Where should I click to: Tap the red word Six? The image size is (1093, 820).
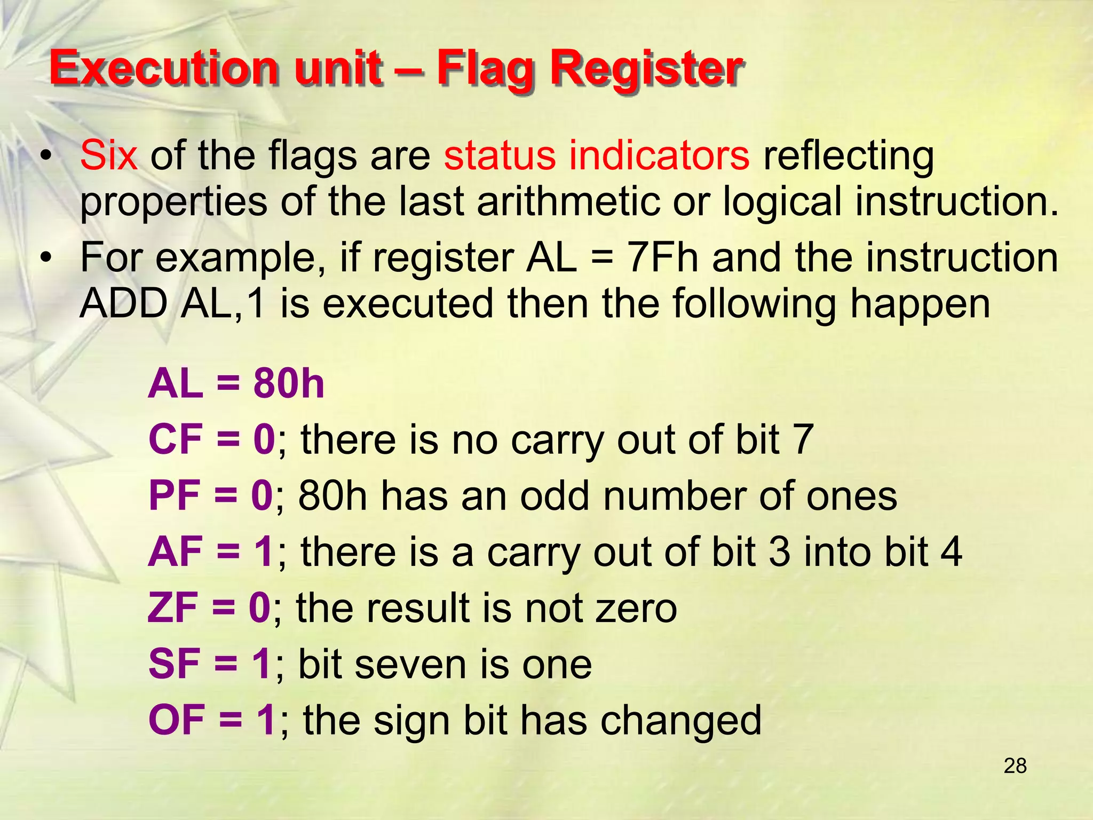[109, 155]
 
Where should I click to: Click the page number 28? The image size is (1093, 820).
[1015, 766]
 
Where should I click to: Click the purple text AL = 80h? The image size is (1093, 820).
[236, 384]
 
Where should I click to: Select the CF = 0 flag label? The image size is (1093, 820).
[212, 439]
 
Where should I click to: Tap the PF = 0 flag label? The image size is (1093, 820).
[211, 495]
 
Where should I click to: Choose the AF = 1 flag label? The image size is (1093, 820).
[211, 551]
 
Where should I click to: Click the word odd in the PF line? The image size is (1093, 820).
[554, 495]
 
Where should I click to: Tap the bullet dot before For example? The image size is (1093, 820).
[47, 257]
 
